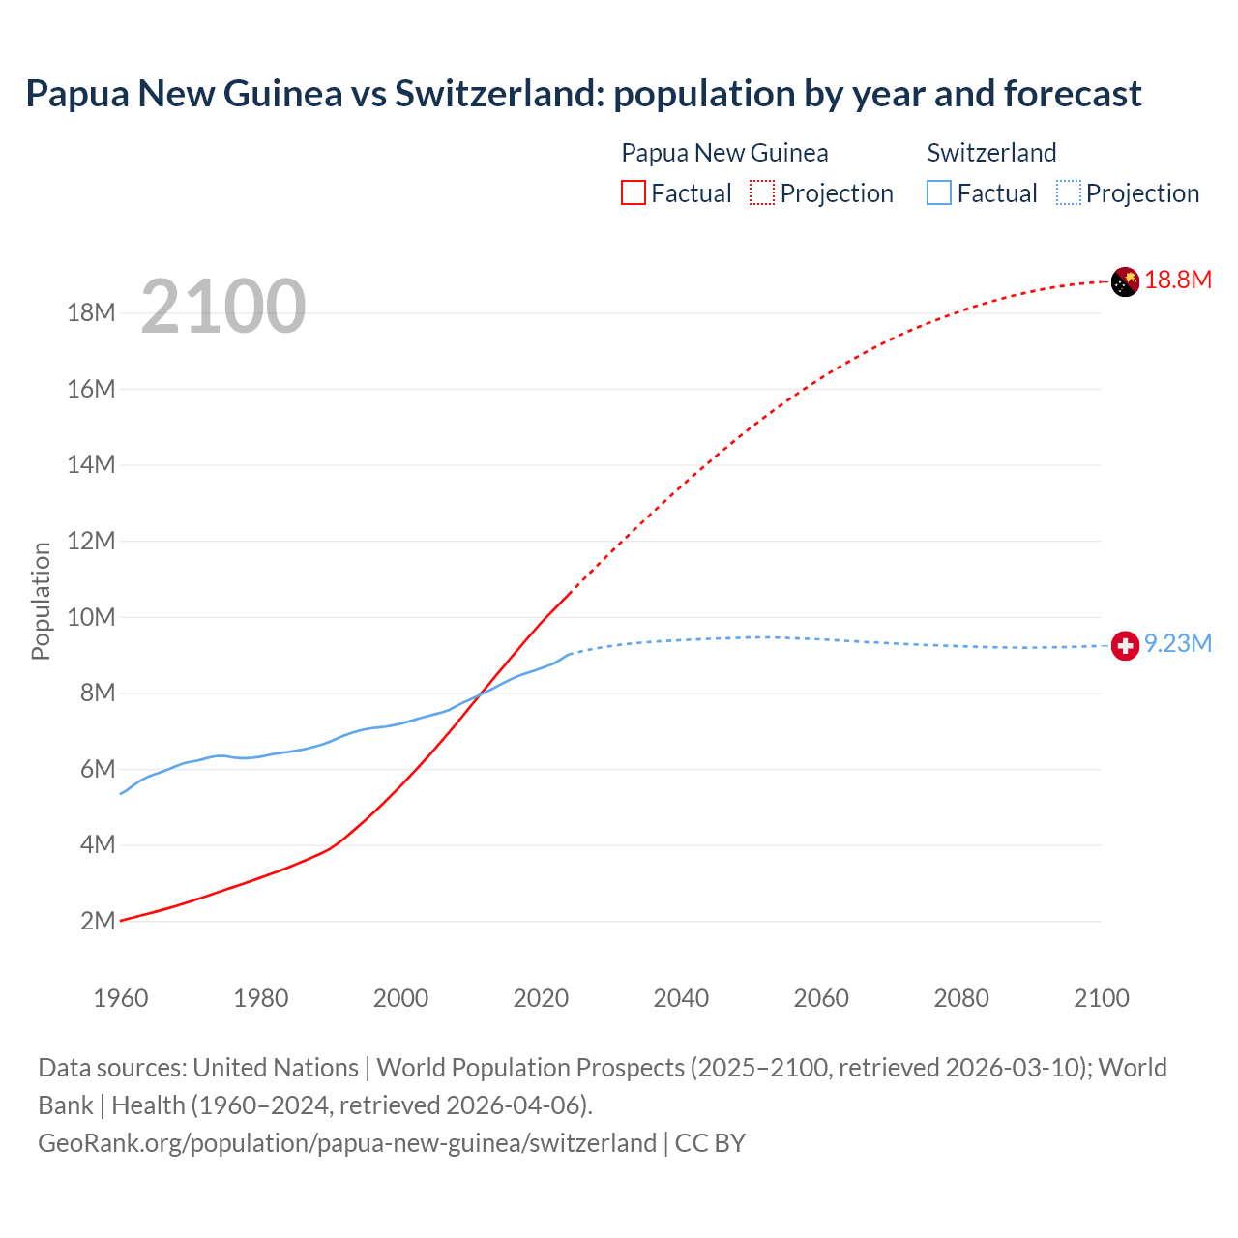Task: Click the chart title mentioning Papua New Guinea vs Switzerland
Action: tap(583, 94)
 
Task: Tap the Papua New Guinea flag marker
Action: tap(1125, 281)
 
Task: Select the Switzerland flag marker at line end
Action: tap(1125, 645)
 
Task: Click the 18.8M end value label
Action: tap(1178, 280)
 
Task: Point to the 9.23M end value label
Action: tap(1178, 644)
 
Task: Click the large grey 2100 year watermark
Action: tap(223, 307)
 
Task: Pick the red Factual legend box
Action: tap(634, 193)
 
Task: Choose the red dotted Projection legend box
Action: tap(762, 193)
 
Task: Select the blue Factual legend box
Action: tap(939, 193)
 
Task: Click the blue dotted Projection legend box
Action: tap(1069, 193)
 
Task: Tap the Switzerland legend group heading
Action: tap(991, 153)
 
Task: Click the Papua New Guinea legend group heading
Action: tap(724, 153)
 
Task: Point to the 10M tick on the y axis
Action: tap(92, 617)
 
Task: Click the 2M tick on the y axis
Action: tap(98, 921)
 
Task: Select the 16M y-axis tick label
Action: tap(92, 389)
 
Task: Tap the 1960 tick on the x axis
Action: tap(121, 998)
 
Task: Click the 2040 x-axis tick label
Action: tap(681, 998)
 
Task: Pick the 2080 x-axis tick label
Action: tap(961, 998)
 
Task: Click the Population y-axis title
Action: tap(41, 601)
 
